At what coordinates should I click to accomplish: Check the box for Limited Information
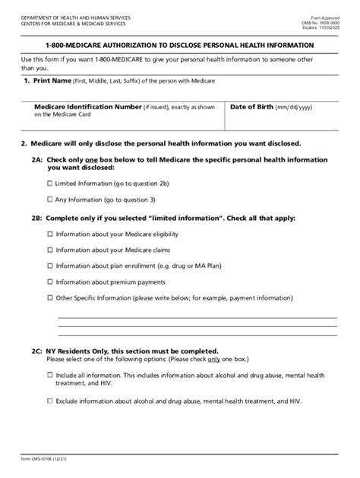[50, 184]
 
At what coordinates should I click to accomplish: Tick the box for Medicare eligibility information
[50, 235]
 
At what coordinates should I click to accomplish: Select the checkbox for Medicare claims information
[50, 250]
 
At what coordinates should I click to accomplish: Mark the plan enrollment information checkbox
[50, 266]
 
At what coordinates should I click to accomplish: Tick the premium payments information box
[50, 281]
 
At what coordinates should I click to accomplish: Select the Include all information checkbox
[50, 375]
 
